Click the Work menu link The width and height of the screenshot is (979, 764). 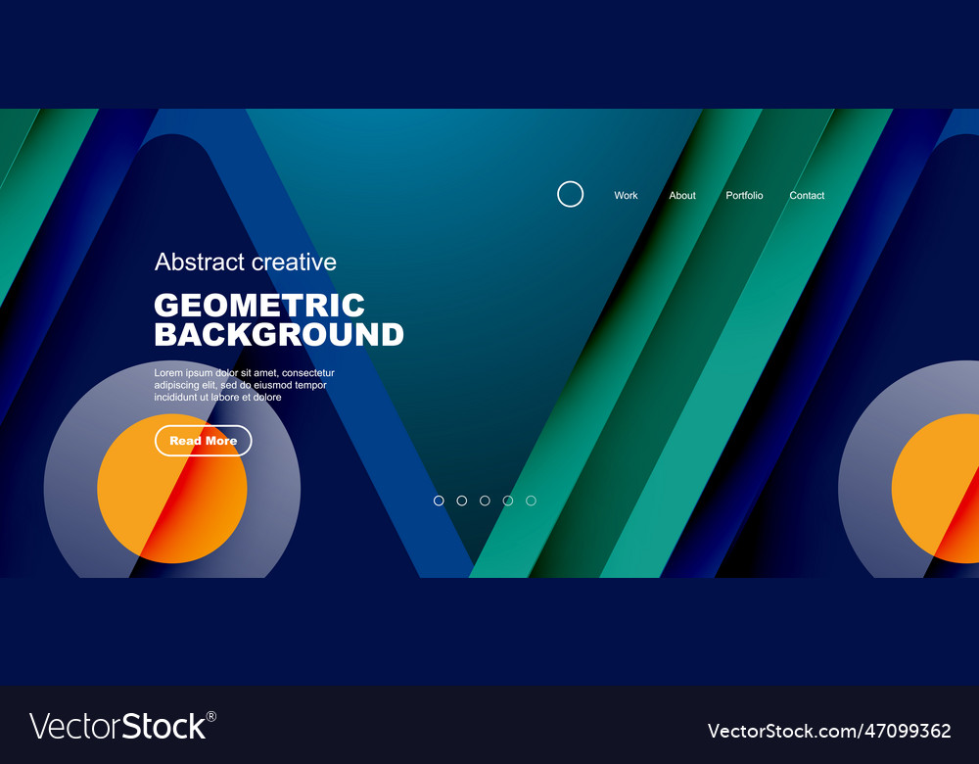[x=626, y=196]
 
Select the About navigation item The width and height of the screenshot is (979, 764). [x=682, y=196]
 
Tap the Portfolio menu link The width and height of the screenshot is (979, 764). [x=744, y=196]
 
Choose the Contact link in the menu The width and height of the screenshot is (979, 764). [x=807, y=196]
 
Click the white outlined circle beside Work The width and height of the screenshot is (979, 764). [x=570, y=194]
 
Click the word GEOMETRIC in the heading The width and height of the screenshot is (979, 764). [x=259, y=305]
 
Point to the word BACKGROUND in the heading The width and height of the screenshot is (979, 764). [x=279, y=335]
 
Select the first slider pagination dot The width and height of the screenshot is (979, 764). [x=439, y=501]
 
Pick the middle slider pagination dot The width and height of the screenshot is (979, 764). [x=485, y=501]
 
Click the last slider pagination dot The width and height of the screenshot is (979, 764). [x=531, y=501]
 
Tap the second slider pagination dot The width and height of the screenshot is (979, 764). [x=462, y=501]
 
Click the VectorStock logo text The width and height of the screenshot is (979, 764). [x=117, y=727]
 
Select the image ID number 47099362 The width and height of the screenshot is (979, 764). [x=910, y=731]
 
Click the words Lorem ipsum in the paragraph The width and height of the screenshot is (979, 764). [x=183, y=373]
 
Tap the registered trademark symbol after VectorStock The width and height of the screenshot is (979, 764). [x=211, y=717]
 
